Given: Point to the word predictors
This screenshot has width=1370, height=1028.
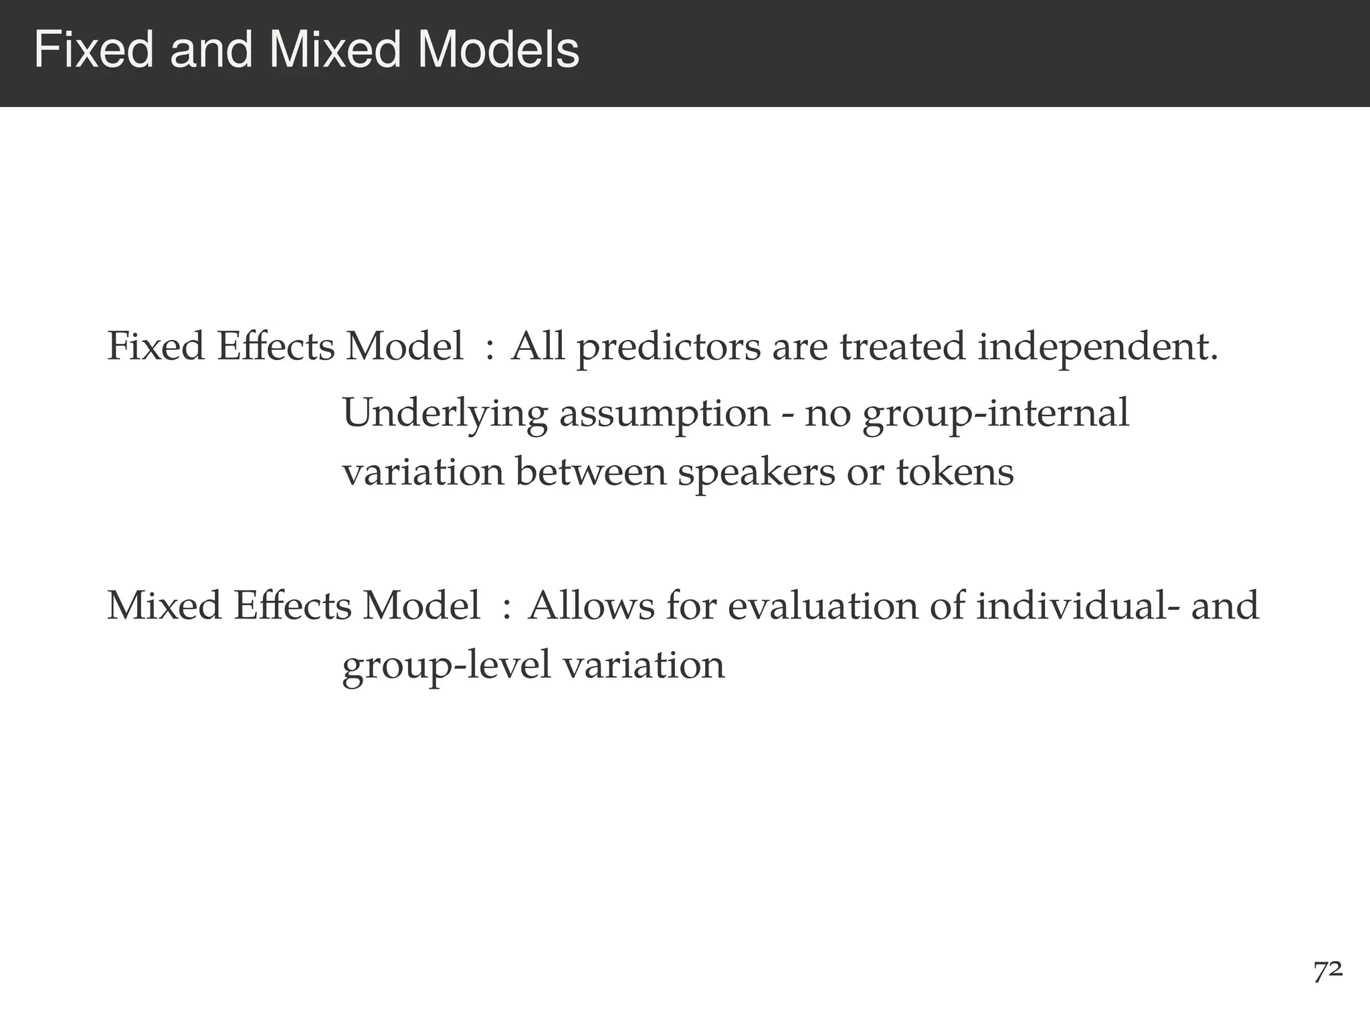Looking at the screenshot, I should pos(668,348).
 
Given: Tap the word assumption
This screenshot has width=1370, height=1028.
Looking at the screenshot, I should pos(664,414).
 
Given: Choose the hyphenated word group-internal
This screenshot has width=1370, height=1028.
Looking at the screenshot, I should pos(995,414).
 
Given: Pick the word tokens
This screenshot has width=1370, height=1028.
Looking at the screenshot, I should pos(955,473).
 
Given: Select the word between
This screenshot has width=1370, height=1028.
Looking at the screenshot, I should pos(591,473).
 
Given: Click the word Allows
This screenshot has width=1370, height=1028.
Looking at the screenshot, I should pos(591,606).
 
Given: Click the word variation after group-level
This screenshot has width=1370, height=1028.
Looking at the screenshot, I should pos(644,666).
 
